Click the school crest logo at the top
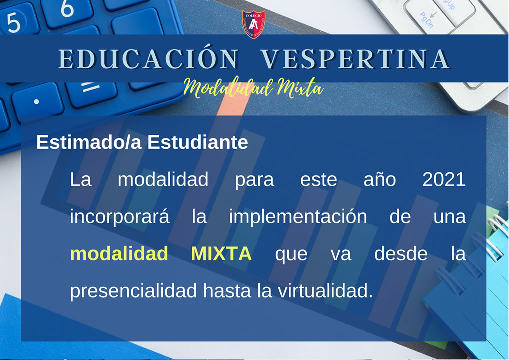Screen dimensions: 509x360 (x=254, y=24)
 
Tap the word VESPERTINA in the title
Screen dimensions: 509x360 (x=356, y=59)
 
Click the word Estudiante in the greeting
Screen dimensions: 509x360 (x=198, y=142)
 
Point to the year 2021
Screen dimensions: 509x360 (x=444, y=179)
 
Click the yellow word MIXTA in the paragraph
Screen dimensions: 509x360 (x=221, y=254)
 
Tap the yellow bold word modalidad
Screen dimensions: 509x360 (x=119, y=253)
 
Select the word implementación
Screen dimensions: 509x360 (x=298, y=216)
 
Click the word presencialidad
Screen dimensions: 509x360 (x=133, y=291)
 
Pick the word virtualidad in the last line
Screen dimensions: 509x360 (x=325, y=291)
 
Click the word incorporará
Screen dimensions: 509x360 (x=120, y=217)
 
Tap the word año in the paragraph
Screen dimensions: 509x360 (x=380, y=180)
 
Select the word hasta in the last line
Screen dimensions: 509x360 (x=227, y=291)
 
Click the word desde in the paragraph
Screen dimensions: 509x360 (x=401, y=254)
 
